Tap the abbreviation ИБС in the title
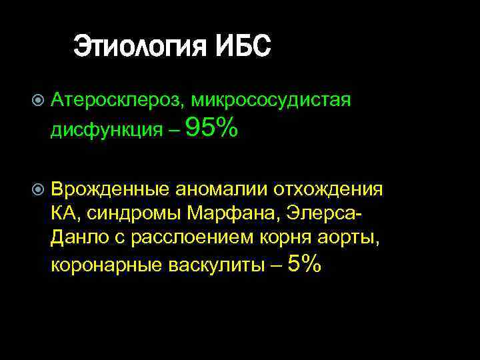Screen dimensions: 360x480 (244, 47)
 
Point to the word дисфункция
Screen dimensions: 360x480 (106, 131)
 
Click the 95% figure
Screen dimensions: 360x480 (211, 128)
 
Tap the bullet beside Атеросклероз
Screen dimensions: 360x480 (37, 101)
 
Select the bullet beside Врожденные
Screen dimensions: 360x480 (37, 189)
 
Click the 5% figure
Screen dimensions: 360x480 (305, 265)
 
